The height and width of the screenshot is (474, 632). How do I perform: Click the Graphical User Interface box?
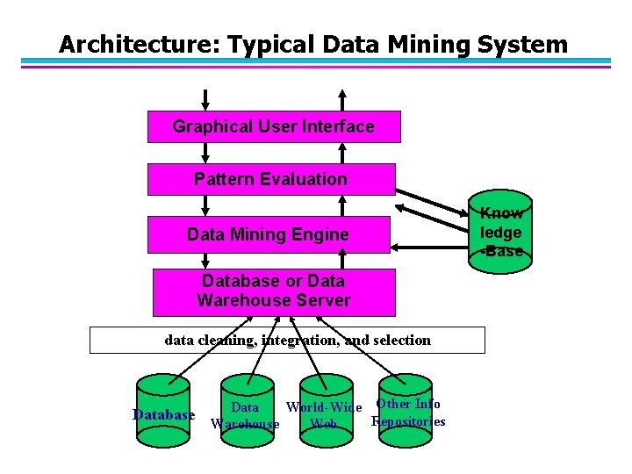(273, 126)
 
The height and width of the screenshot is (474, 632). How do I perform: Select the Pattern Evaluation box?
(270, 179)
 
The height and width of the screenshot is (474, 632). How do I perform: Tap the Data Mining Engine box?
(268, 234)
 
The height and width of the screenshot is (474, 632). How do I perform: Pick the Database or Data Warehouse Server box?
(273, 291)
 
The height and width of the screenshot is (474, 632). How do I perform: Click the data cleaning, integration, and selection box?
(287, 340)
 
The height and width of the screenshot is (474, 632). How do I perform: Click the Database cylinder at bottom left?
(163, 412)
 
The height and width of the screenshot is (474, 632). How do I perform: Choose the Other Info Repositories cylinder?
(405, 406)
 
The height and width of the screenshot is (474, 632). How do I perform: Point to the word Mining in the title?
(429, 44)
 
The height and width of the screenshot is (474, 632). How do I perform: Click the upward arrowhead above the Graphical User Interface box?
(342, 93)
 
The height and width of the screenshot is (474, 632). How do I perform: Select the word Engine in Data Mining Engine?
(321, 234)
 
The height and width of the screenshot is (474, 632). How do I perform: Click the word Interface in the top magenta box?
(338, 126)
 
